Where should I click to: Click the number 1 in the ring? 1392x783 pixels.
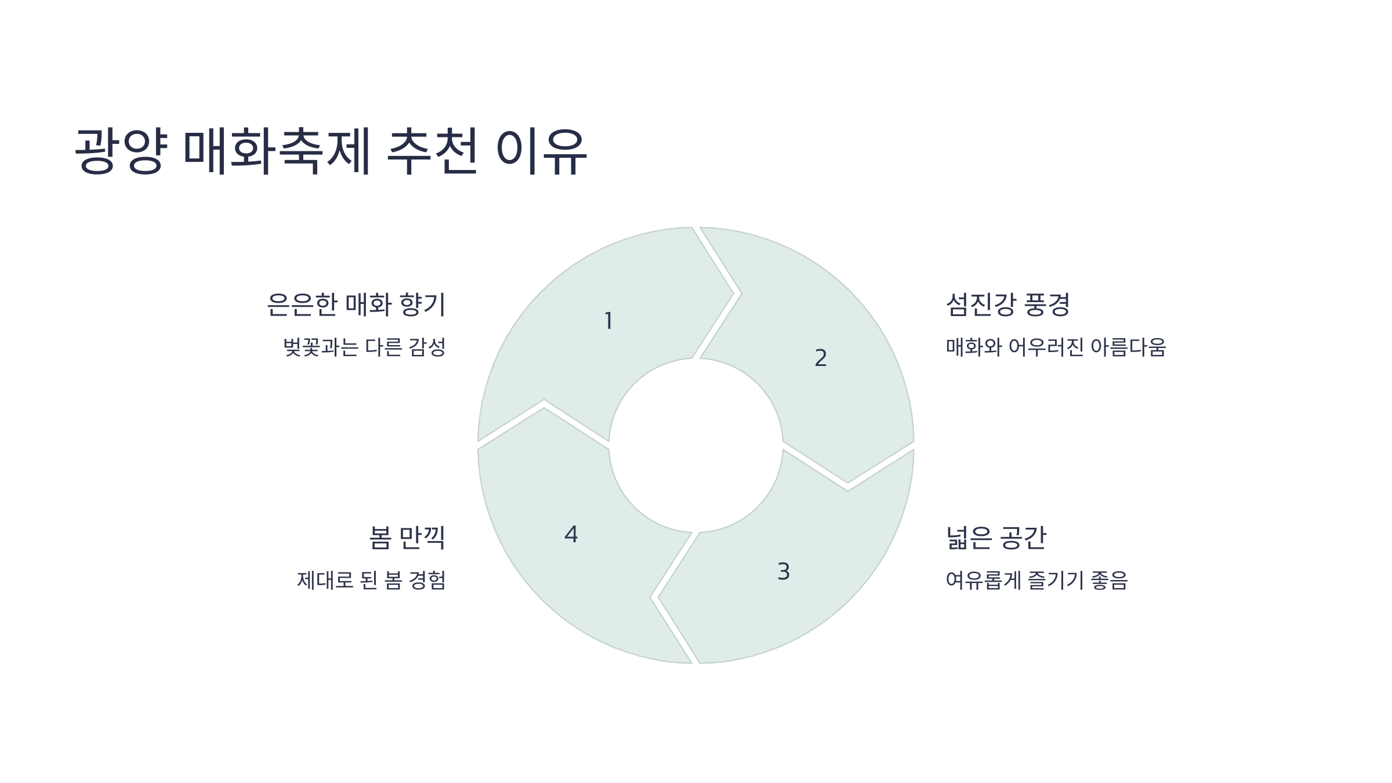click(608, 321)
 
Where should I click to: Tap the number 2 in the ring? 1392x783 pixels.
click(820, 358)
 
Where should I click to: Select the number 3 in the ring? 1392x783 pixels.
click(783, 572)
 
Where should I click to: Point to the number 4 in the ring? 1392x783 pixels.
click(571, 535)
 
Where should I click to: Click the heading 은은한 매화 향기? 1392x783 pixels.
click(356, 304)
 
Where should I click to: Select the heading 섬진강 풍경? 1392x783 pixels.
click(1007, 304)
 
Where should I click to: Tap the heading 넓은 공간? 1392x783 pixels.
click(996, 538)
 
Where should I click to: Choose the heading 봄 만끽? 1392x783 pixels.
click(407, 538)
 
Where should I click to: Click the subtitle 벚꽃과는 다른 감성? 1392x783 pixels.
click(365, 347)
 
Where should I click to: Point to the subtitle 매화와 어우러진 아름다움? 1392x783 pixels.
click(1056, 347)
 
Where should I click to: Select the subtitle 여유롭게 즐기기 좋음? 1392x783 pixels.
click(1036, 580)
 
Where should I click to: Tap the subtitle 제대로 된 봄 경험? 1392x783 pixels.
click(372, 580)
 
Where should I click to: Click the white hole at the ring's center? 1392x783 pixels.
click(695, 445)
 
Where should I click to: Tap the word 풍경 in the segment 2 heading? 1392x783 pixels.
click(1047, 304)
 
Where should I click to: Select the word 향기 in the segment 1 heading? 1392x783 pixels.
click(423, 304)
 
